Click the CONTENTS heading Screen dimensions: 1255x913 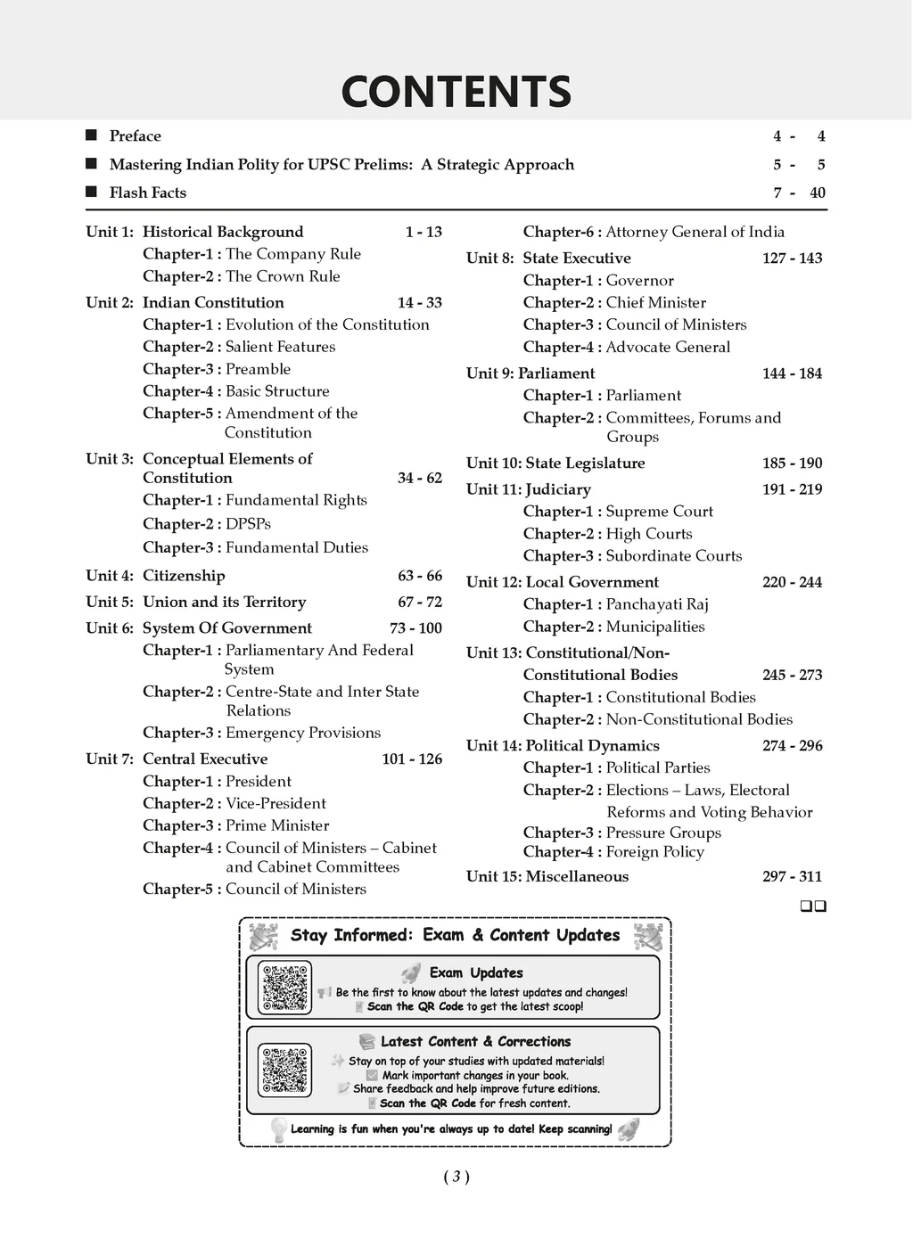(x=456, y=92)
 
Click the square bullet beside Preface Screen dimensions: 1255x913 (x=91, y=135)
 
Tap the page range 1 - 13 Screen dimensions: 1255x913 (x=424, y=232)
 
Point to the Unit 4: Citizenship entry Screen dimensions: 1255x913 (x=155, y=576)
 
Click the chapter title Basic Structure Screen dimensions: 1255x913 (x=277, y=391)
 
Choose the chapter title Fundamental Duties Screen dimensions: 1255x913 (x=297, y=547)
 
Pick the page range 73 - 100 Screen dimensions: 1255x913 (x=415, y=628)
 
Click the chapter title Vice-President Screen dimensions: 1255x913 (x=276, y=803)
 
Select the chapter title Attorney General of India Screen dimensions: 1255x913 (x=695, y=232)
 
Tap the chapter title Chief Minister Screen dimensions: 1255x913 (x=655, y=303)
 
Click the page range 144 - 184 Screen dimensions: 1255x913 (x=792, y=373)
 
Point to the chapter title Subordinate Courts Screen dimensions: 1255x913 (x=673, y=555)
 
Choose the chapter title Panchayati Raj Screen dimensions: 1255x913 (x=657, y=604)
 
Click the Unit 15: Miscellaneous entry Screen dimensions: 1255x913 (x=547, y=876)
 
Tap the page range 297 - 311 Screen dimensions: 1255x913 (x=792, y=876)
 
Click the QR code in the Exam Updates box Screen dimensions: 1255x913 (x=286, y=988)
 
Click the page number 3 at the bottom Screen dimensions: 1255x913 (x=456, y=1177)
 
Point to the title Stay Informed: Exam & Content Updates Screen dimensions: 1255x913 (x=455, y=935)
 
